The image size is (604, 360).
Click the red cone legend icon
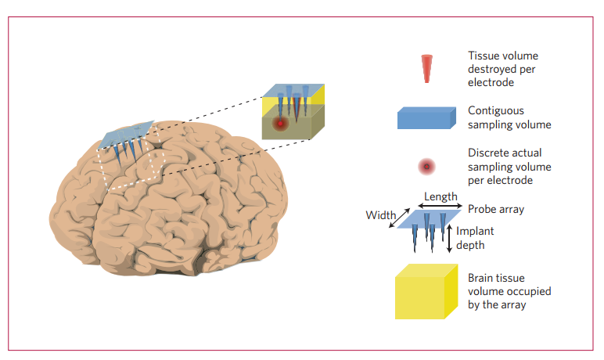coord(426,68)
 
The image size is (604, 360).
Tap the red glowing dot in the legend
coord(426,167)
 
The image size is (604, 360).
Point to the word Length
coord(440,196)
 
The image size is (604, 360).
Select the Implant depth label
coord(475,238)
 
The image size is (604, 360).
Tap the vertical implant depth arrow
coord(448,239)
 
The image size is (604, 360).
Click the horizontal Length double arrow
coord(441,205)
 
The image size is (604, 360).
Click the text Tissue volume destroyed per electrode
coord(503,69)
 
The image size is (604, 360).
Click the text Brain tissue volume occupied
coord(509,291)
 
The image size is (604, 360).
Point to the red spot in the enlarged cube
coord(279,123)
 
